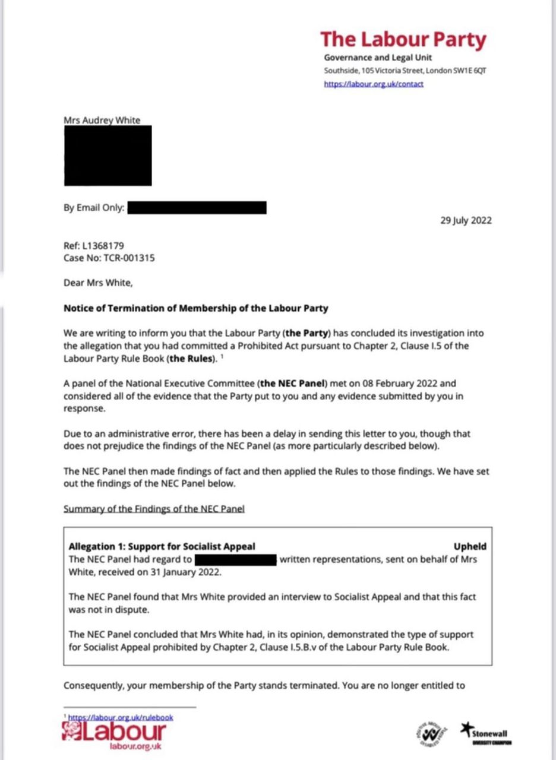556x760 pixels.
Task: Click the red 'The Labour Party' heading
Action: point(403,40)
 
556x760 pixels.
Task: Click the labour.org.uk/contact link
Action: point(374,84)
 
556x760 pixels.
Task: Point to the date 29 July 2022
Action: point(466,221)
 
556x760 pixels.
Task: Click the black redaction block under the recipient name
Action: point(108,156)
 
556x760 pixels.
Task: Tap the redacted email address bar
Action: point(197,208)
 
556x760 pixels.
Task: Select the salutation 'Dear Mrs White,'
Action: point(98,283)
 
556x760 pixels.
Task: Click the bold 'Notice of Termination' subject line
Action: point(195,308)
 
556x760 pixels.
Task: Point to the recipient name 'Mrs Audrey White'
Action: point(102,121)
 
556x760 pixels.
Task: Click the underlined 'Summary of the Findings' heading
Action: point(154,508)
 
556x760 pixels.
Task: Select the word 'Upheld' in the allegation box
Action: point(470,546)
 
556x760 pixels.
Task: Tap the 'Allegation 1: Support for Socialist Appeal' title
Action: point(162,546)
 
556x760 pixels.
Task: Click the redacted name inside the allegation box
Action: point(236,559)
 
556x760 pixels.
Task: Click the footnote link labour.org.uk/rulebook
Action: point(121,717)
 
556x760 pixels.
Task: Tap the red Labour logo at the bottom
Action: point(113,734)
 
